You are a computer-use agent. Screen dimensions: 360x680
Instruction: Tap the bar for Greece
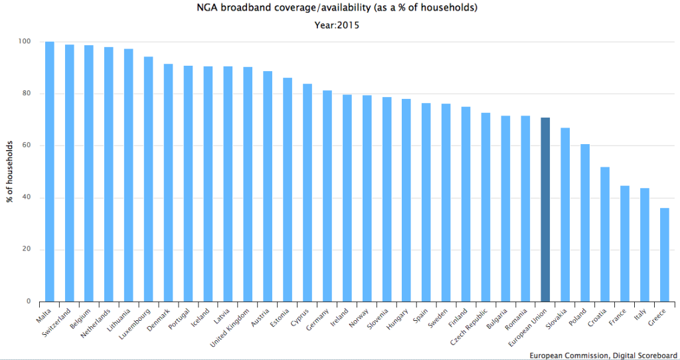pos(664,255)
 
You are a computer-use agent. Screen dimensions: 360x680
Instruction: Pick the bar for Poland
pos(585,223)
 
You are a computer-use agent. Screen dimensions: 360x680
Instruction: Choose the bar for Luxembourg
pos(149,179)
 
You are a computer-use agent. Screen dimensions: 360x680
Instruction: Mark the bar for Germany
pos(327,196)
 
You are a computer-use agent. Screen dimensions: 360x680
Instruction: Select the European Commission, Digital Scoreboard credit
pos(603,355)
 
